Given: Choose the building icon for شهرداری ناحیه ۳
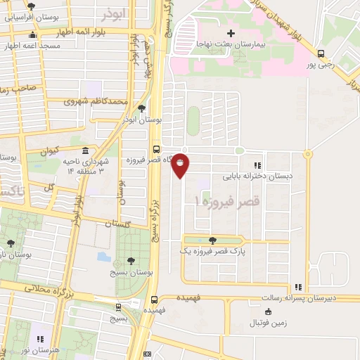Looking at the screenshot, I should coord(84,151).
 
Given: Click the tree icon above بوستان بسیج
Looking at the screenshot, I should coord(131,260).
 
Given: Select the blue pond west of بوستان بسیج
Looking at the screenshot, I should coord(103,257).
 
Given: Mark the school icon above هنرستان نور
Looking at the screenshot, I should coord(40,338).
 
